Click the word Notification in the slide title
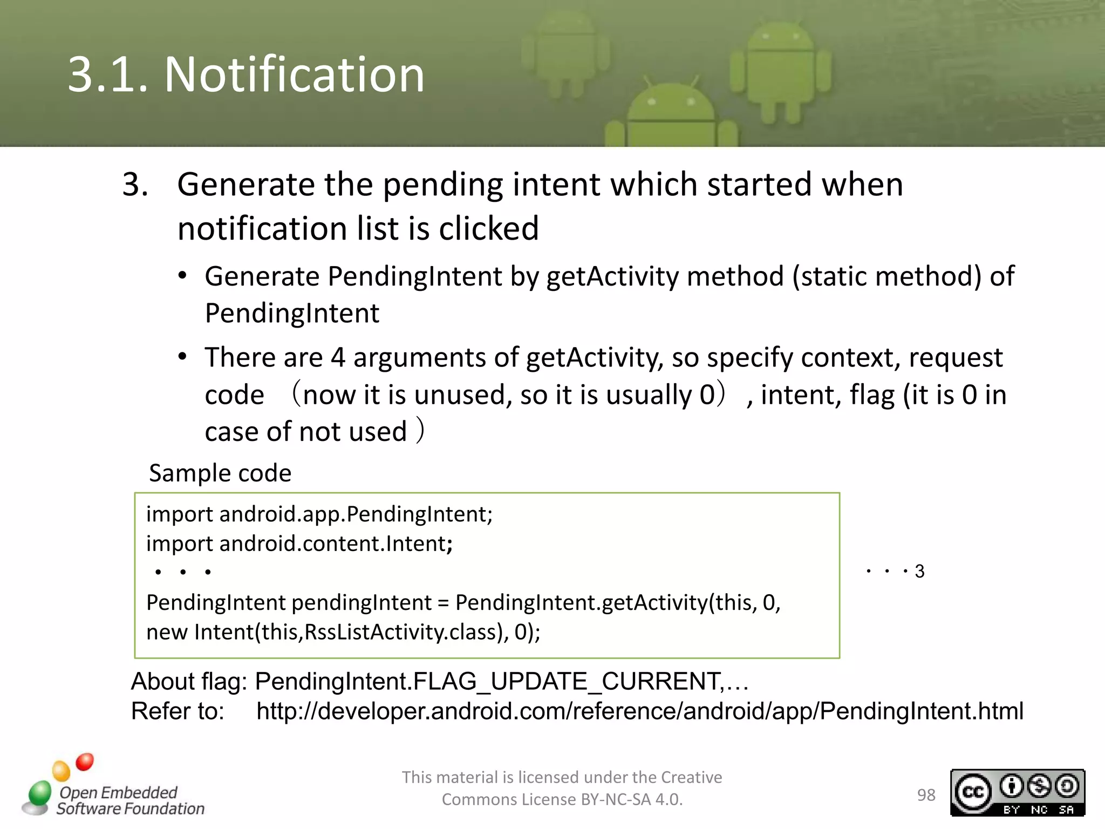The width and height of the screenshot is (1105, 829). [294, 74]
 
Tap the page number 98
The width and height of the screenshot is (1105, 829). [926, 794]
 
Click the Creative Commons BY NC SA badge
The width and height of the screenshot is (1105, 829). [1017, 792]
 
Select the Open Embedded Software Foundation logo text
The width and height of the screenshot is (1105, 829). [129, 800]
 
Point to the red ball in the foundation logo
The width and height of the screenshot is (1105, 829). [85, 762]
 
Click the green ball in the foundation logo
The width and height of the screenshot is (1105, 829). [39, 793]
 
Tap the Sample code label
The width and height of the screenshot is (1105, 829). [220, 473]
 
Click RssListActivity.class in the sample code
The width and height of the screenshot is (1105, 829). [403, 631]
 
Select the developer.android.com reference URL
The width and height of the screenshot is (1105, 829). [639, 711]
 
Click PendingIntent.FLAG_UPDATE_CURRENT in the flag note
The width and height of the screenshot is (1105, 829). [487, 681]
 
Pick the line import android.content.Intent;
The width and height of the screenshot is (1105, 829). [299, 543]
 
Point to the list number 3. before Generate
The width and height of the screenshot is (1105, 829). [135, 185]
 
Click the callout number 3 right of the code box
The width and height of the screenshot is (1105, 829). [919, 571]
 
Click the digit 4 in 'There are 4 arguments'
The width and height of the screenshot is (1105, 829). [338, 357]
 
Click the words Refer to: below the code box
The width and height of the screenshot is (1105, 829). [178, 711]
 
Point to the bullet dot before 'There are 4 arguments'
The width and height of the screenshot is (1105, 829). [182, 357]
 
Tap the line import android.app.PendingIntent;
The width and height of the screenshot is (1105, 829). [319, 514]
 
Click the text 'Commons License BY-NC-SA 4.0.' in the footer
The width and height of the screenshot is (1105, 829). [562, 799]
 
